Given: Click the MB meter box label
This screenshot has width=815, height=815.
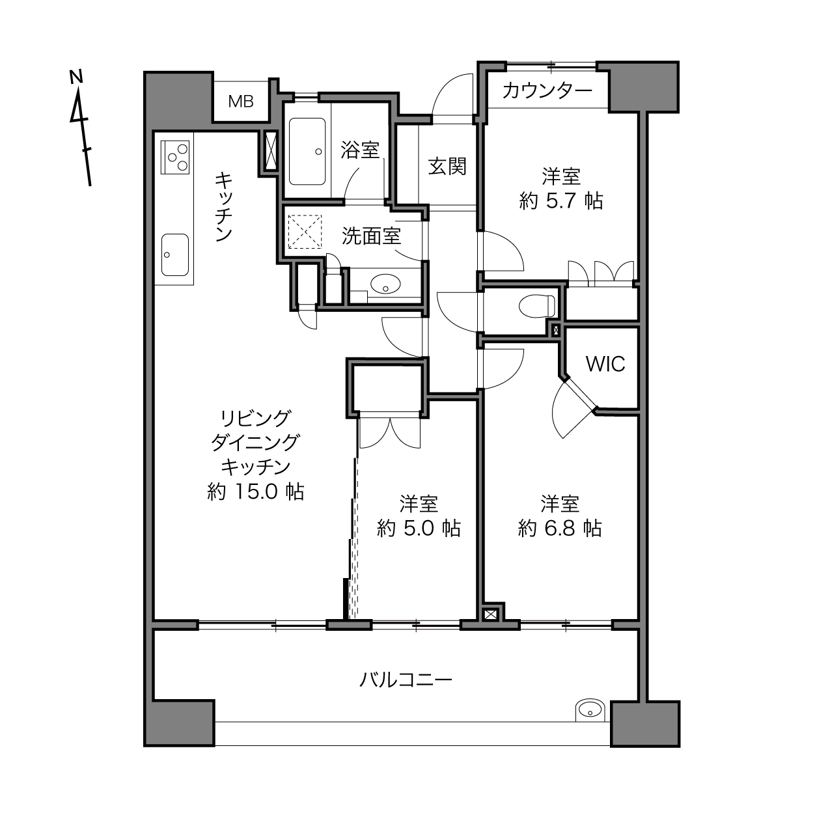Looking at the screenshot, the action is tap(241, 102).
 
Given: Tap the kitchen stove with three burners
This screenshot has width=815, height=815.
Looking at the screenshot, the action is tap(174, 157).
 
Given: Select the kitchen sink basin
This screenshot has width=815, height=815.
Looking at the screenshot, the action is tap(174, 255).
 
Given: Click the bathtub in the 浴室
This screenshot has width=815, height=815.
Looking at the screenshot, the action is tap(307, 152).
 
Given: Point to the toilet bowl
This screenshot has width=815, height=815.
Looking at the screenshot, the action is tap(536, 306).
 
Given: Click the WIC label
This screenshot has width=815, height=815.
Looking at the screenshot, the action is tap(605, 364).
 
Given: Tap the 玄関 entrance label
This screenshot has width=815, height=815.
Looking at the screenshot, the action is tap(447, 166).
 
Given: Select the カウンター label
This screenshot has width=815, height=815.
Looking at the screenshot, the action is tap(547, 90).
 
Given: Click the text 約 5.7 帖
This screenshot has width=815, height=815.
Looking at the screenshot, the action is tap(561, 200).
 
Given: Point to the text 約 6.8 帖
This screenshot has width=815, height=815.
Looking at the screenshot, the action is tap(560, 528).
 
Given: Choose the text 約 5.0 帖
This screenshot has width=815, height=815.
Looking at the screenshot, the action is tap(419, 528).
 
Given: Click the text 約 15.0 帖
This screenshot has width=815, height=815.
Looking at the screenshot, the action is tap(255, 492).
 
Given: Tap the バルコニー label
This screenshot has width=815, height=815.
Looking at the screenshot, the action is tap(406, 680).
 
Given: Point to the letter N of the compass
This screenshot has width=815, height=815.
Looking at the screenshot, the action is tap(76, 77).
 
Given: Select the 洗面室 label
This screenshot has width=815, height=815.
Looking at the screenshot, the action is tap(371, 236).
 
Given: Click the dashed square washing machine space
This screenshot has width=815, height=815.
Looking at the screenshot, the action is tap(305, 232).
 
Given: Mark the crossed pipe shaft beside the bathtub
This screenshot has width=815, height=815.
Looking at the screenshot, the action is tap(271, 152).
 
